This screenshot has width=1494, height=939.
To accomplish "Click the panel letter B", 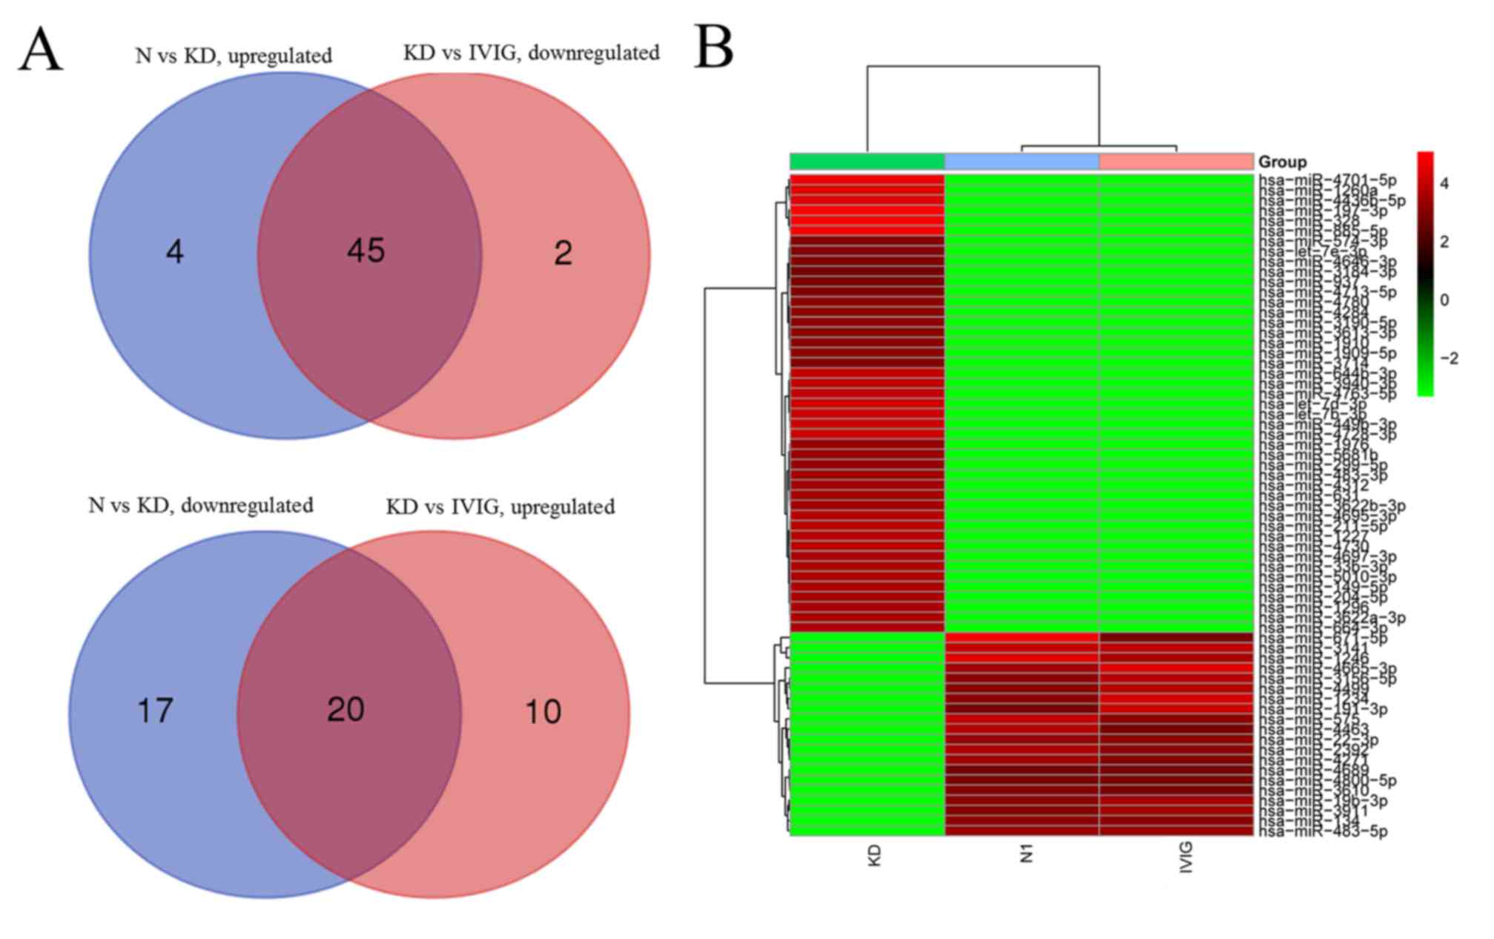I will (713, 47).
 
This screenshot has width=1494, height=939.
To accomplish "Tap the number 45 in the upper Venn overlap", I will (366, 251).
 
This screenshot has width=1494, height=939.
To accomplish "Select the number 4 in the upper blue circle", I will (174, 252).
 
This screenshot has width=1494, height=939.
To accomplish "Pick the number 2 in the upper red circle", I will (563, 254).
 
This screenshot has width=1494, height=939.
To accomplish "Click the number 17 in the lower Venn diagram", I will (155, 711).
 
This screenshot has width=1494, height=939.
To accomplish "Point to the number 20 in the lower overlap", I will (346, 710).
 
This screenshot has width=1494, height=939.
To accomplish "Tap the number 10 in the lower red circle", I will (543, 713).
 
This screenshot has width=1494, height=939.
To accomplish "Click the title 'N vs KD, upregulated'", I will (234, 56).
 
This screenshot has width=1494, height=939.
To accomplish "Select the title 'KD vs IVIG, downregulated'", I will (531, 53).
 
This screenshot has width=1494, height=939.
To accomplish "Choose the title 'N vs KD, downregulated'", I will (200, 506).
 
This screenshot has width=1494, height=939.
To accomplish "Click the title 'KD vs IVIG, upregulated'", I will (500, 507).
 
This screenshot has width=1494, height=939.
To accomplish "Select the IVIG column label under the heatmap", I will (1186, 857).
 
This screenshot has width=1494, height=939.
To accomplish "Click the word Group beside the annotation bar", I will (1283, 162).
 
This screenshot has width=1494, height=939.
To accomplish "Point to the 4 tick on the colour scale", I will (1444, 184).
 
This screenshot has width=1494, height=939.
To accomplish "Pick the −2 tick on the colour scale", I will (1448, 359).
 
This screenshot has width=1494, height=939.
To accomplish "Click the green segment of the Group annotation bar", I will (867, 162).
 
